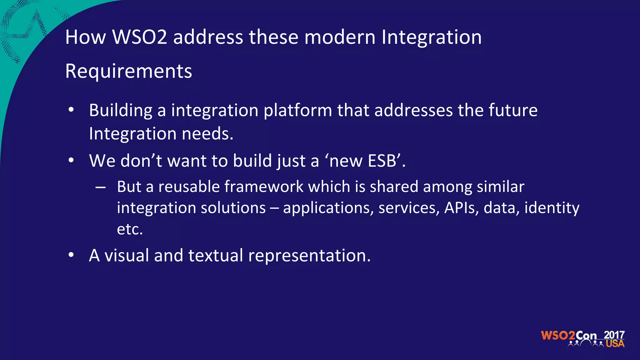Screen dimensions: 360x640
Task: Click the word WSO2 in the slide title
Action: tap(139, 37)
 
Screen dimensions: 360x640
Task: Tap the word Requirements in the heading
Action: tap(128, 71)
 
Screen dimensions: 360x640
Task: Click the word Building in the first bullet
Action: tap(121, 111)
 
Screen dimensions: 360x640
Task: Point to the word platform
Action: tap(297, 111)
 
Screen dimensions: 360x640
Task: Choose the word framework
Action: tap(264, 187)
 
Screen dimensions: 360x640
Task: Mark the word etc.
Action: tap(129, 229)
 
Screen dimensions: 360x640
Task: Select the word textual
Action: tap(216, 255)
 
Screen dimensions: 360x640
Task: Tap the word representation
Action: tap(309, 256)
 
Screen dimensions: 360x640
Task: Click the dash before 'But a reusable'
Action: tap(100, 187)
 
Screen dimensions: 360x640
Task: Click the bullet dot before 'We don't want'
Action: tap(71, 160)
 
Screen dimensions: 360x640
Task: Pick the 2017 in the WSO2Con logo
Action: tap(614, 335)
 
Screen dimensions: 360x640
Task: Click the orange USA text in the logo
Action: tap(615, 344)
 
